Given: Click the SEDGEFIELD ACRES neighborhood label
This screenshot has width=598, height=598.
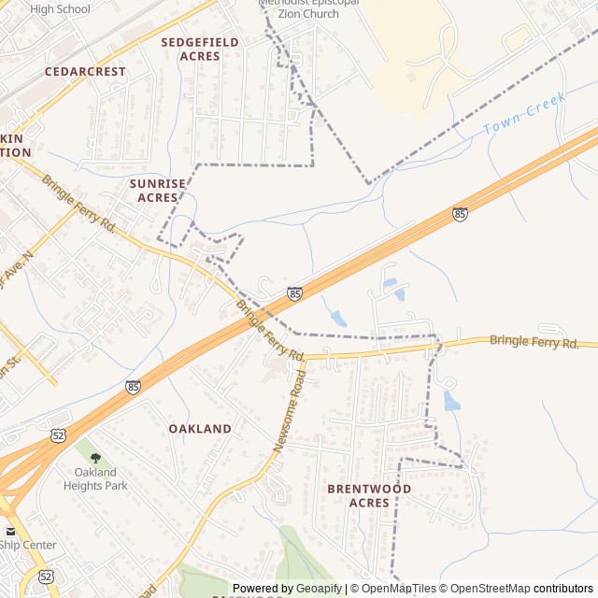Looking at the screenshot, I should [x=199, y=49].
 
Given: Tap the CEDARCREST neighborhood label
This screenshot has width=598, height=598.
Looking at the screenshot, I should [x=85, y=71].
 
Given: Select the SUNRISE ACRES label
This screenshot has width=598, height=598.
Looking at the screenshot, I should [x=158, y=191].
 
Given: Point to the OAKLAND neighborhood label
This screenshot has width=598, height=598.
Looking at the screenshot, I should [x=200, y=428].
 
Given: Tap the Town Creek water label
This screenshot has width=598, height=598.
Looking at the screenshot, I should [x=525, y=118].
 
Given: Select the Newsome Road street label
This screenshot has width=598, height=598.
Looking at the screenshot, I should [x=290, y=411].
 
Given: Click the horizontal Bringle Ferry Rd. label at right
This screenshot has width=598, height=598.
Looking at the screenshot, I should [x=534, y=342].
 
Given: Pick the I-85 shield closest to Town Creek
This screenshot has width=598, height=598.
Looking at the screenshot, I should [x=460, y=214].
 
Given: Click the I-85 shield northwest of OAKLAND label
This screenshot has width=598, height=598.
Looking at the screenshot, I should [x=133, y=386].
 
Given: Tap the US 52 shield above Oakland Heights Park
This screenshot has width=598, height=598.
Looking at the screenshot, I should [x=59, y=434].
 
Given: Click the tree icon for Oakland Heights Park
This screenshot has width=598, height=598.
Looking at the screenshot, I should [x=95, y=458].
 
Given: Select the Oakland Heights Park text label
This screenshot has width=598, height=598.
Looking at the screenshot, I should [x=95, y=478].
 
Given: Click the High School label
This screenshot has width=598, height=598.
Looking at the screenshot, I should [x=60, y=9].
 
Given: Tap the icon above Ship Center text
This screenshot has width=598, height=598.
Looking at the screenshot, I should [x=10, y=531].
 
